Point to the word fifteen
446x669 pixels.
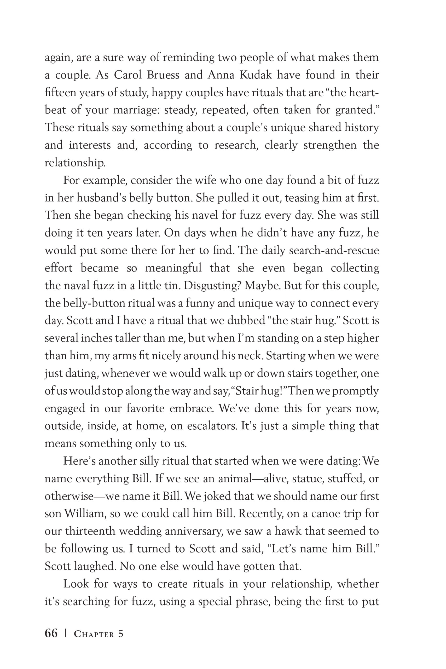[x=60, y=93]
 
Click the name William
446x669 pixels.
[x=83, y=514]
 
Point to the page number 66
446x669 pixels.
[x=51, y=634]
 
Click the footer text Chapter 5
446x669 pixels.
[x=99, y=634]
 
